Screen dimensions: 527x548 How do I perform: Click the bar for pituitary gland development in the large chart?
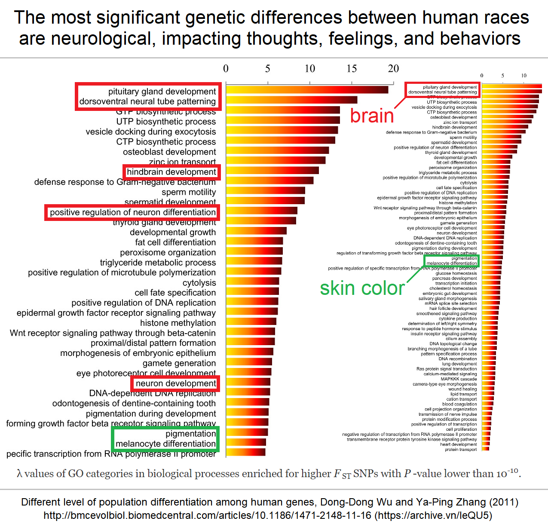click(307, 90)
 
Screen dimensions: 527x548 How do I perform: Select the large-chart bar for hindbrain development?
click(272, 170)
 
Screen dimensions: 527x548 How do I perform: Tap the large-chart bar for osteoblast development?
click(277, 150)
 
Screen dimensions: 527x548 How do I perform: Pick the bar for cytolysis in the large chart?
click(252, 281)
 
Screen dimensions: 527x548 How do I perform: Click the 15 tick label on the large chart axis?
click(352, 69)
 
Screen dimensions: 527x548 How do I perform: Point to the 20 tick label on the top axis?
click(393, 69)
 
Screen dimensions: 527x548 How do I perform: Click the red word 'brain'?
click(372, 116)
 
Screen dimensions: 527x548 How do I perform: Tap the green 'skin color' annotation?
click(362, 288)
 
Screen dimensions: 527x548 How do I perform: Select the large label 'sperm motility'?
click(189, 192)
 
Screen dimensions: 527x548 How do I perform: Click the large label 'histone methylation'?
click(178, 323)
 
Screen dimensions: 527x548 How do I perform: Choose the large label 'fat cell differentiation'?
click(175, 242)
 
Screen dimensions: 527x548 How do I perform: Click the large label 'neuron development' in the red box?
click(176, 383)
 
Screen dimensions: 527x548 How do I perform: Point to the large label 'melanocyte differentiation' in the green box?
click(165, 444)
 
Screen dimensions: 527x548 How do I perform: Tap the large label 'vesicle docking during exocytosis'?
click(151, 132)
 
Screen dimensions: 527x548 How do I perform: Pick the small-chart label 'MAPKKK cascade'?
click(459, 379)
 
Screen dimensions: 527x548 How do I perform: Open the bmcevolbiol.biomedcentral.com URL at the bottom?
click(207, 515)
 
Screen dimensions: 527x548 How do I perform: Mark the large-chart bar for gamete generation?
click(249, 362)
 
